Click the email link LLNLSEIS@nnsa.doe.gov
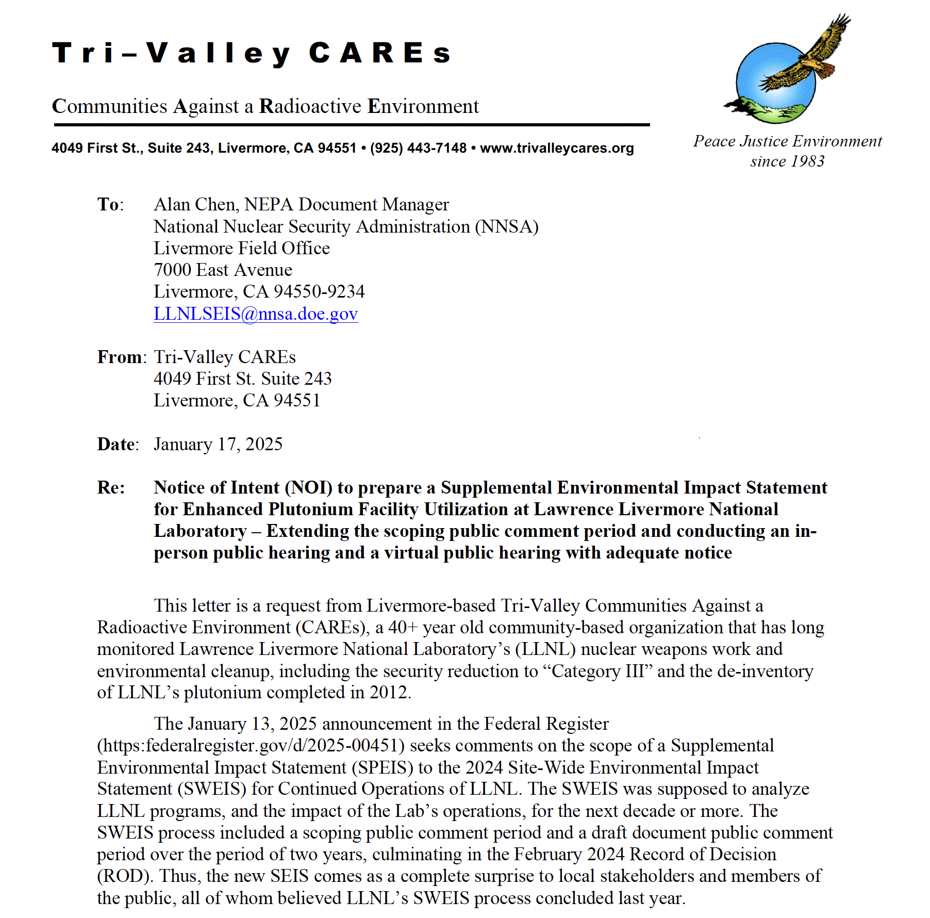[x=256, y=314]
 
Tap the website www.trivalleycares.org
[x=557, y=149]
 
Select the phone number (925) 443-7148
[x=418, y=149]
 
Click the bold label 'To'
[x=109, y=205]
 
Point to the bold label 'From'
[x=120, y=357]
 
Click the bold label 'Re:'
[x=111, y=487]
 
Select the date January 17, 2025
[x=218, y=444]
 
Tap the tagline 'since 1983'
[x=787, y=161]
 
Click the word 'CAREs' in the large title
[x=380, y=53]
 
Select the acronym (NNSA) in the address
[x=507, y=227]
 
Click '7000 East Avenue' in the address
[x=223, y=270]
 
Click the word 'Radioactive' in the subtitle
[x=310, y=106]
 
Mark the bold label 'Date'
[x=117, y=444]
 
